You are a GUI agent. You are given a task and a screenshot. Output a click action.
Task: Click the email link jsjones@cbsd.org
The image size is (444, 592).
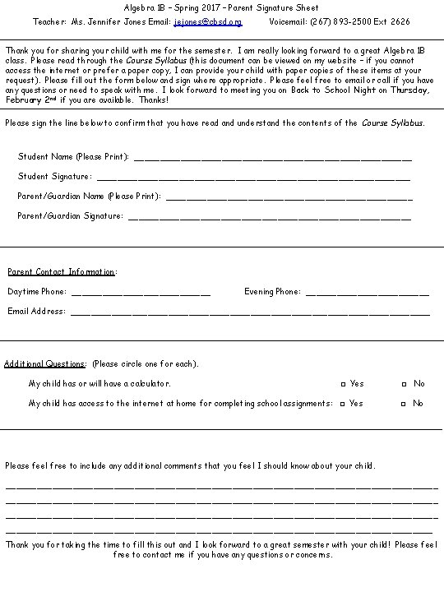(208, 22)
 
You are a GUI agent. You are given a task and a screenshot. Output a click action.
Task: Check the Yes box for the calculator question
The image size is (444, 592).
(344, 384)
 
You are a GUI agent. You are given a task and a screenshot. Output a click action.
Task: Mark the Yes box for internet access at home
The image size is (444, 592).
(344, 404)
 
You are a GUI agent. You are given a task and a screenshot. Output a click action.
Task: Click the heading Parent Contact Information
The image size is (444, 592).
(62, 272)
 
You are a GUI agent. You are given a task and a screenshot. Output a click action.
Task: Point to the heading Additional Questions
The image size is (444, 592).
(45, 363)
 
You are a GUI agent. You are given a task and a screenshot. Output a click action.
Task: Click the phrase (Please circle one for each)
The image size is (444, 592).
(146, 363)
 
